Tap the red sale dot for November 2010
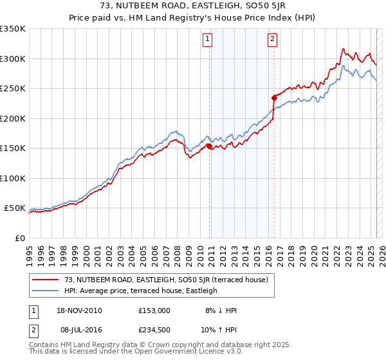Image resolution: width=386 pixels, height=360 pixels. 210,147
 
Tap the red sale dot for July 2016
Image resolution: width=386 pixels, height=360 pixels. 274,98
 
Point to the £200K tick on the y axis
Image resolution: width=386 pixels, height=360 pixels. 13,118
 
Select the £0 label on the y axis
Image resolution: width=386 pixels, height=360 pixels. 19,239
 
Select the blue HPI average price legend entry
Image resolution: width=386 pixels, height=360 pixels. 141,291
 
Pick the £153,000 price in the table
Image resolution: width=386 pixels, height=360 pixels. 154,310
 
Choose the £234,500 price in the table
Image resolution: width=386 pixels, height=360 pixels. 154,330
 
